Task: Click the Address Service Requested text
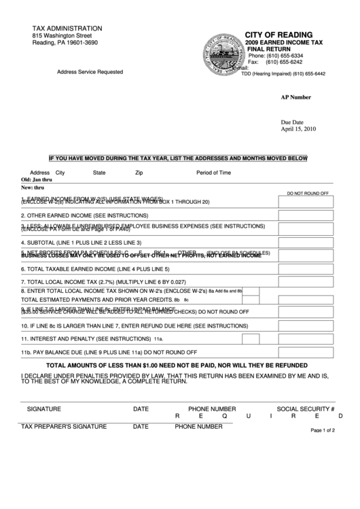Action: coord(90,71)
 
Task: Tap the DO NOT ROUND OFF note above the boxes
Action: coord(308,193)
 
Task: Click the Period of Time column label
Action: coord(214,173)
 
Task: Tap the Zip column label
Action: coord(139,173)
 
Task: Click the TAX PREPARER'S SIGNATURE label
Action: coord(64,427)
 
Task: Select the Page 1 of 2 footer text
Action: coord(327,430)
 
